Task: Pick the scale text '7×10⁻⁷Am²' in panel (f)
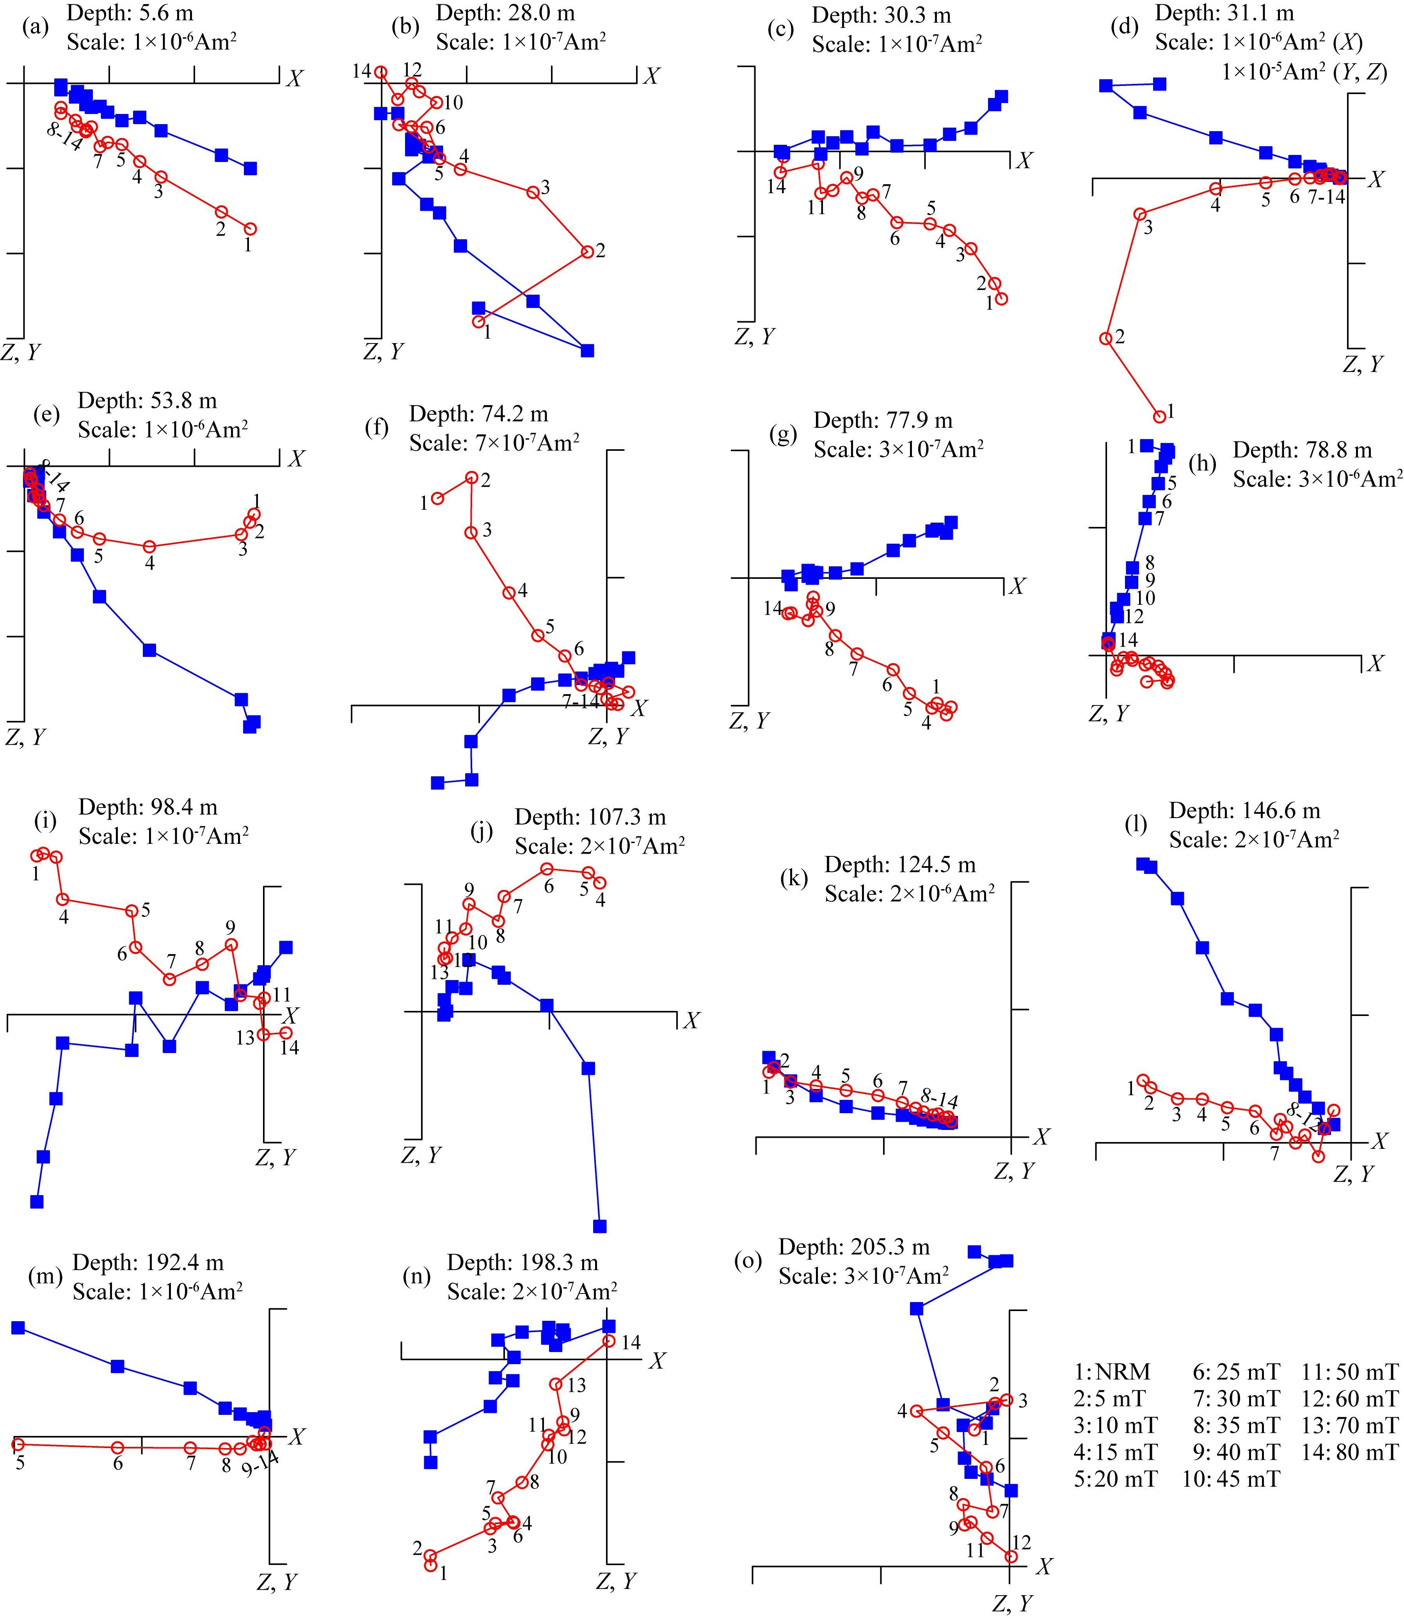click(x=494, y=443)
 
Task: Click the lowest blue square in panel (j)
click(x=600, y=1226)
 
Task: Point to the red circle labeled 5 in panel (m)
click(x=18, y=1443)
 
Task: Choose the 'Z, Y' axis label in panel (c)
click(x=755, y=336)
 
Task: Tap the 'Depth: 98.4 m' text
click(x=148, y=807)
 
